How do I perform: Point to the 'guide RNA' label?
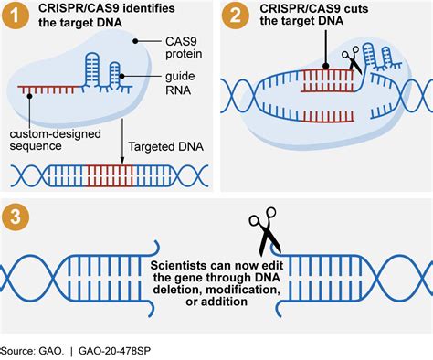(172, 85)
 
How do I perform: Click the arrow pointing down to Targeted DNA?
(122, 137)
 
